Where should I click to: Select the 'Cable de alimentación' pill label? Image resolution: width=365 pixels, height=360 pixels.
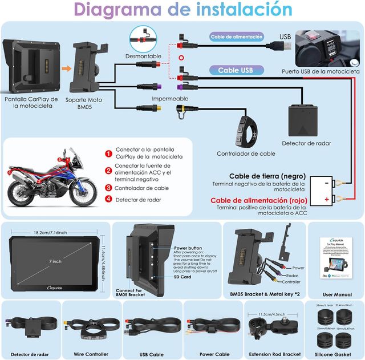coord(237,37)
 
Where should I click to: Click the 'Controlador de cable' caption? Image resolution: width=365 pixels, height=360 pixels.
coord(246,153)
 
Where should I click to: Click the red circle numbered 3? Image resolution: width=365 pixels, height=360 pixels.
coord(108,188)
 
